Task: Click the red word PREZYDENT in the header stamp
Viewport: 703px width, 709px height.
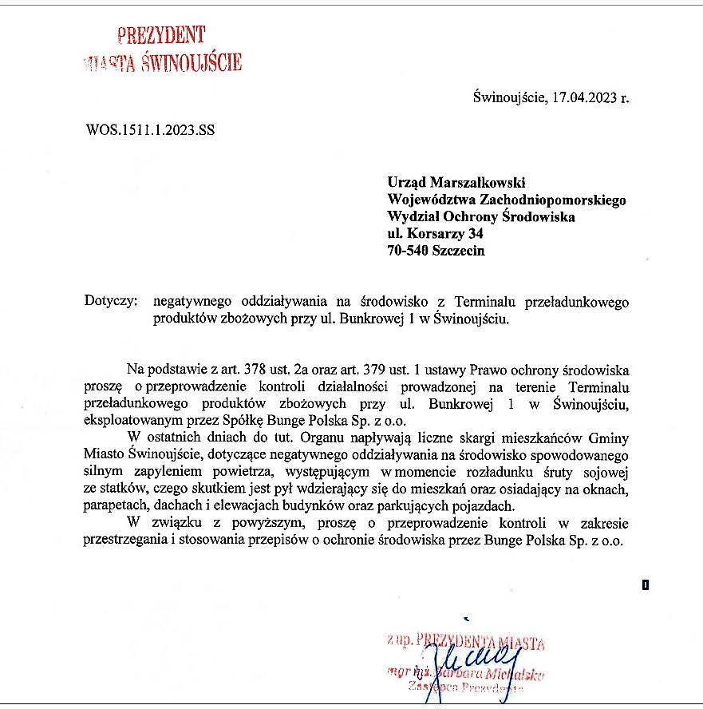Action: [x=160, y=34]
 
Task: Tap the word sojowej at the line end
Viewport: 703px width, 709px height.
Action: [x=606, y=470]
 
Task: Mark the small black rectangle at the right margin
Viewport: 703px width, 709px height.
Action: [x=645, y=585]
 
